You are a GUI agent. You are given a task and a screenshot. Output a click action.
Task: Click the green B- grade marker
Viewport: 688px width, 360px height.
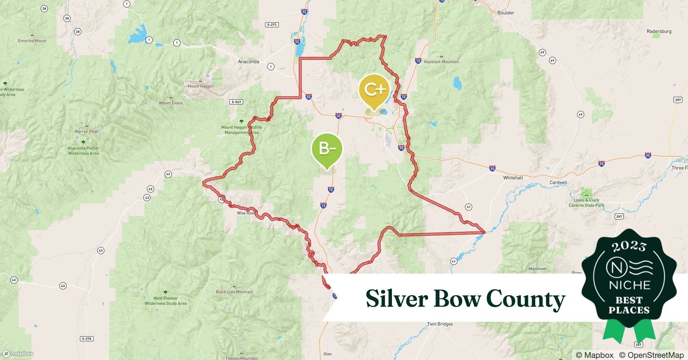(x=327, y=149)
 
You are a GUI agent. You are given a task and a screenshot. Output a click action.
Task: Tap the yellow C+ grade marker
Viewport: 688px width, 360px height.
(x=374, y=90)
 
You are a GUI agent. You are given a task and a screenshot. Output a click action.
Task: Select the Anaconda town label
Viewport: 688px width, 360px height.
(x=249, y=62)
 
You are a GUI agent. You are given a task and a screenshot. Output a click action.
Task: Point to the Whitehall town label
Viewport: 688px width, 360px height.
(x=513, y=178)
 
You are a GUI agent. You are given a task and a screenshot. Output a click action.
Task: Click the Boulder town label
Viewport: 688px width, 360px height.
(x=506, y=13)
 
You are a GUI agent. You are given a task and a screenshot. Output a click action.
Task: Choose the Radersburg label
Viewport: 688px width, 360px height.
(x=659, y=31)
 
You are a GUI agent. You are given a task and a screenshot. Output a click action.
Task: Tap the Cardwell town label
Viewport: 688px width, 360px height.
(x=558, y=183)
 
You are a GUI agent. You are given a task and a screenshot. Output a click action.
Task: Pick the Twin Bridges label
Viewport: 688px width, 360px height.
(x=440, y=324)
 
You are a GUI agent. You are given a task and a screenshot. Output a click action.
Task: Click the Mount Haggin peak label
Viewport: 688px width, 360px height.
(x=200, y=86)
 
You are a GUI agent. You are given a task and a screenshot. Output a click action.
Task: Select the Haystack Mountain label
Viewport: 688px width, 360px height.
(x=441, y=62)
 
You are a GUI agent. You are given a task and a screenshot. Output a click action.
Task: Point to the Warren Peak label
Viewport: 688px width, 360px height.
(x=86, y=131)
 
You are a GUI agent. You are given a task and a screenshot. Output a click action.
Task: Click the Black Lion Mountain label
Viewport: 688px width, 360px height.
(x=234, y=292)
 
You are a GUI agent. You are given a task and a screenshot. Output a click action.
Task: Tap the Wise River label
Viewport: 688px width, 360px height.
(x=246, y=213)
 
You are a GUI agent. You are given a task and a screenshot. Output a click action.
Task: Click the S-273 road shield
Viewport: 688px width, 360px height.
(x=272, y=25)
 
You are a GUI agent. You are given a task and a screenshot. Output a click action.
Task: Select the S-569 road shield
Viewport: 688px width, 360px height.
(x=236, y=102)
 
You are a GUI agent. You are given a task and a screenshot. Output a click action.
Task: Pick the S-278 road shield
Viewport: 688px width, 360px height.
(x=86, y=339)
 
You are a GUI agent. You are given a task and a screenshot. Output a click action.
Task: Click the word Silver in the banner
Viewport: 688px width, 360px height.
(x=397, y=298)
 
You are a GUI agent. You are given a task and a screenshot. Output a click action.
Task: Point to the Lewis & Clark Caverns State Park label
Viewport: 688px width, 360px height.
(x=586, y=203)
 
